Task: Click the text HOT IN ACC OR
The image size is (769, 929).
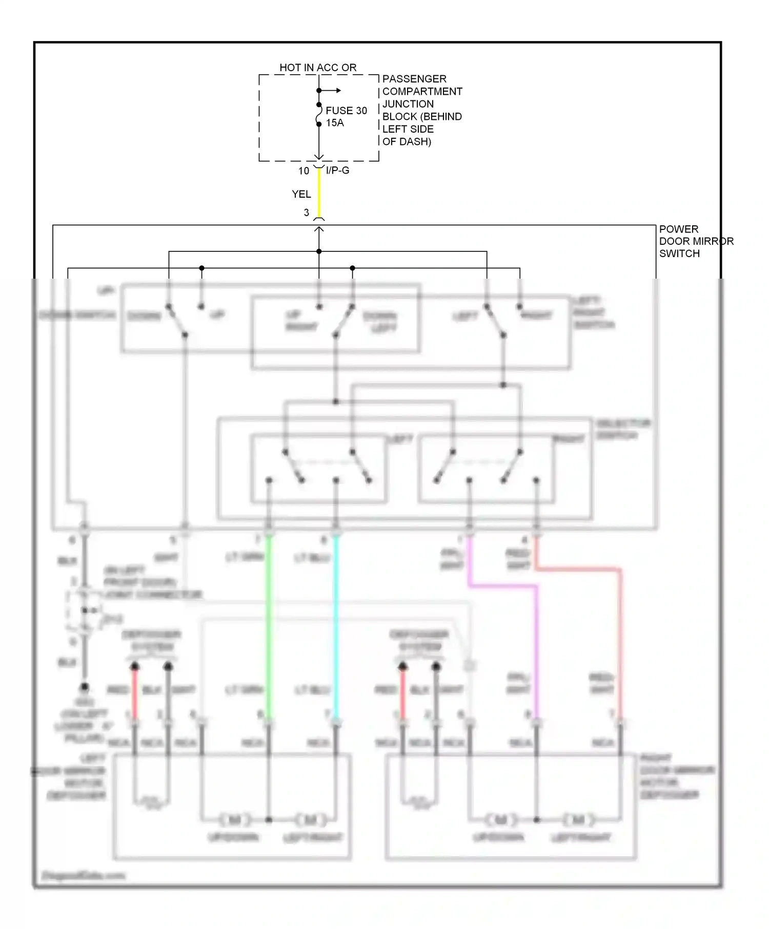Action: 318,68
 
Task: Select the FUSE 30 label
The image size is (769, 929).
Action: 347,111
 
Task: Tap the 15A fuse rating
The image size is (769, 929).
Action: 335,123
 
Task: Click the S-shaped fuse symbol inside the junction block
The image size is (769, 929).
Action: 319,114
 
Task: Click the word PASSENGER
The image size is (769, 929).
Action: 414,79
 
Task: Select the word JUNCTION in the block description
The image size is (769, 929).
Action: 408,104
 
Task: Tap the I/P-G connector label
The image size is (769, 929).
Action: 337,170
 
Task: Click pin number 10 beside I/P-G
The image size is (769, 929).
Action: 303,171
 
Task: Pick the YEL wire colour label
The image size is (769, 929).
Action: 301,194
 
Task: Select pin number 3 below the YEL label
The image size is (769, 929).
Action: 307,213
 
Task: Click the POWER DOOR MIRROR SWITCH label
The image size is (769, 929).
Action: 696,241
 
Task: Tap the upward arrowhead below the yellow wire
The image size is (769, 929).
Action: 319,230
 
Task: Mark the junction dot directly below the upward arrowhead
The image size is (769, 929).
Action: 319,251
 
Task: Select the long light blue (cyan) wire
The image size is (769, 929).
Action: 336,625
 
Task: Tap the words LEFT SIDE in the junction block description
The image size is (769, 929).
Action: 408,129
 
